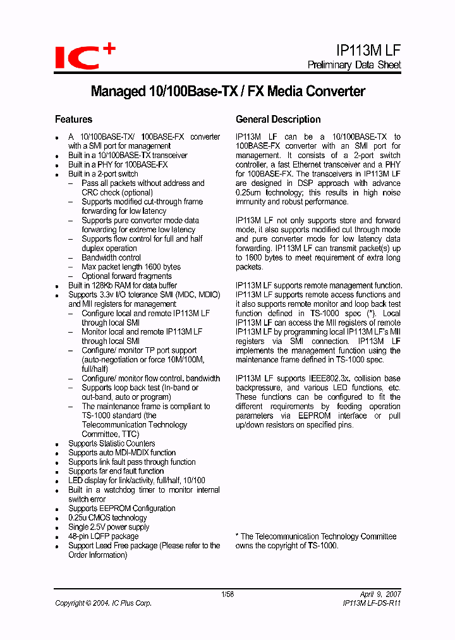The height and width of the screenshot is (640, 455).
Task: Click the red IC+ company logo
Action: pyautogui.click(x=84, y=56)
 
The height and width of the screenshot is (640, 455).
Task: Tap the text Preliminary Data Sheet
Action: pyautogui.click(x=354, y=65)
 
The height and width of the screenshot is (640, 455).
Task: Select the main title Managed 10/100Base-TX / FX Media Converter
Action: pyautogui.click(x=227, y=92)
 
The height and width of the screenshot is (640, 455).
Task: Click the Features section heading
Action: pyautogui.click(x=73, y=120)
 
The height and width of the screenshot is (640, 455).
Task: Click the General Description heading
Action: pyautogui.click(x=278, y=120)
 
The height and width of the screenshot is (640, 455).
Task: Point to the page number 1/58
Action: pyautogui.click(x=227, y=594)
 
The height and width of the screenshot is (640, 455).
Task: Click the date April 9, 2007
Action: pyautogui.click(x=380, y=594)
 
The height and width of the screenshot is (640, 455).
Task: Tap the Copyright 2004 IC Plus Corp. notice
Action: pyautogui.click(x=103, y=603)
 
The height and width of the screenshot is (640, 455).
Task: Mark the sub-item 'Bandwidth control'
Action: pyautogui.click(x=111, y=257)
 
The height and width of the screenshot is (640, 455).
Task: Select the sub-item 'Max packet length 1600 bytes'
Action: pyautogui.click(x=131, y=267)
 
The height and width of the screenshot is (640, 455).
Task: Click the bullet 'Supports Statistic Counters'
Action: pyautogui.click(x=111, y=443)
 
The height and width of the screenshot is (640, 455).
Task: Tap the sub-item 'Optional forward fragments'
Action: pyautogui.click(x=126, y=276)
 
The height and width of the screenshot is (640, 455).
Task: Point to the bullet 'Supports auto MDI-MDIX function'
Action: pyautogui.click(x=122, y=453)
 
